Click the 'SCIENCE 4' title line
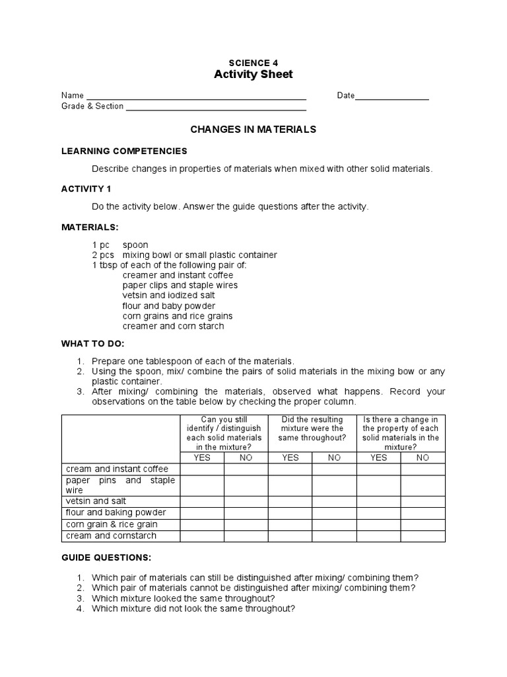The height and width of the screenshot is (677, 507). click(253, 63)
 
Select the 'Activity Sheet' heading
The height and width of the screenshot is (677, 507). click(253, 75)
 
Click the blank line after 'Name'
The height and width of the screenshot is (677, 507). click(196, 96)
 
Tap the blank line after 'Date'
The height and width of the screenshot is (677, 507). click(392, 96)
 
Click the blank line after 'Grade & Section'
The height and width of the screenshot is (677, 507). click(216, 106)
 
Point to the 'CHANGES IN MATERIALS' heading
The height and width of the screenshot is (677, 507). click(253, 130)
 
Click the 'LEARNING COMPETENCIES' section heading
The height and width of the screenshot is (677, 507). click(124, 151)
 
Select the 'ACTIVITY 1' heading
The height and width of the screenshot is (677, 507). click(86, 188)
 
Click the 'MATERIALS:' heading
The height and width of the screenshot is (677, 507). click(90, 227)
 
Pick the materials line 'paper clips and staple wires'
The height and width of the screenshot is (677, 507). click(180, 286)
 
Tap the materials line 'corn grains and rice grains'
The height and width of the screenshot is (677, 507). click(177, 316)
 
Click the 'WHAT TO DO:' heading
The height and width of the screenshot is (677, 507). click(92, 344)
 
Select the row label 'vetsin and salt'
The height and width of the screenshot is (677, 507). click(96, 501)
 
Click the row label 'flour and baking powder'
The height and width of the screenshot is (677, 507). click(116, 512)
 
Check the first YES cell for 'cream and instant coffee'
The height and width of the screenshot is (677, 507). click(202, 469)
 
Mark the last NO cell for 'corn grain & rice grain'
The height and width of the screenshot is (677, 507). click(422, 524)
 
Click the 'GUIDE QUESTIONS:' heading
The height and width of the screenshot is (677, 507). click(106, 557)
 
